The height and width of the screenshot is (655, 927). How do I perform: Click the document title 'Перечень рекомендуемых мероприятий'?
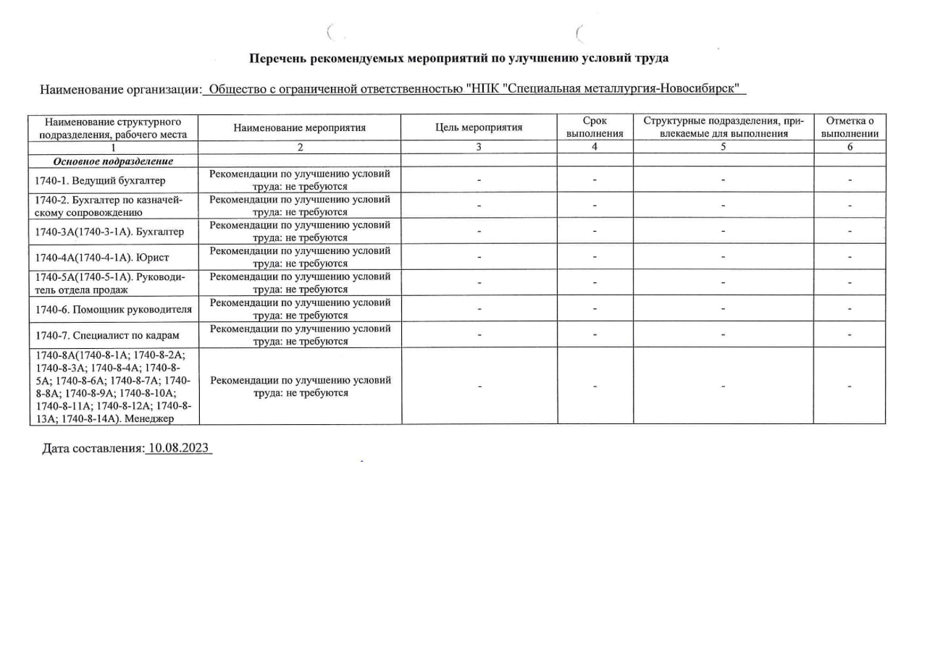pos(458,58)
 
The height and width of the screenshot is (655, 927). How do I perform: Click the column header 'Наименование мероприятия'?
pos(299,128)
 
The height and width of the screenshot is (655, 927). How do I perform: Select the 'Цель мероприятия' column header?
pos(479,128)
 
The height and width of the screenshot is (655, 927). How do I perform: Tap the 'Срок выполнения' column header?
pos(595,127)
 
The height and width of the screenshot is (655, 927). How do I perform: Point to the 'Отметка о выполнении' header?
pos(850,127)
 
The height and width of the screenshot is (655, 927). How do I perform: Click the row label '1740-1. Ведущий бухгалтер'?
pos(100,180)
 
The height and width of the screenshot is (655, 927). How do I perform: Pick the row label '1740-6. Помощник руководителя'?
pos(114,310)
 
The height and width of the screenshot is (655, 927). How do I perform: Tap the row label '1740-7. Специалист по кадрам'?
pos(106,336)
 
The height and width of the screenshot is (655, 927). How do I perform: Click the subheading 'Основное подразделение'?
pos(112,161)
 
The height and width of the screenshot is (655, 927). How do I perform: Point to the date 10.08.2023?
pos(178,449)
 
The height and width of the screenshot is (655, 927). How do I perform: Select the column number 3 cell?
pos(479,147)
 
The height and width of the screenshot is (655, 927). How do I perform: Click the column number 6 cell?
pos(850,147)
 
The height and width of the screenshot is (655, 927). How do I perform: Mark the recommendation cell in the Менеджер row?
pos(300,386)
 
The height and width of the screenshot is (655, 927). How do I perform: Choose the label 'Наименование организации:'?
pos(120,90)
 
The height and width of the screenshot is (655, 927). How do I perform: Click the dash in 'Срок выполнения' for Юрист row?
pos(595,257)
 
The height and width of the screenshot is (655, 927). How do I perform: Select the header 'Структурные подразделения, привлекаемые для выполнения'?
pos(723,127)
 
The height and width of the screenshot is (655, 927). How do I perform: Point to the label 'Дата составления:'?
pos(93,449)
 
